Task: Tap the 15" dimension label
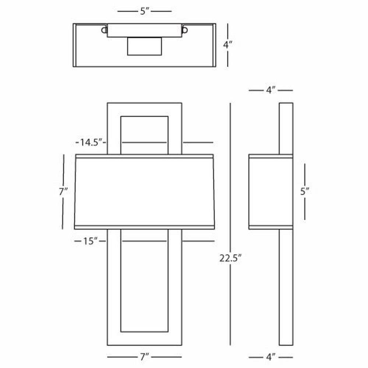click(x=90, y=241)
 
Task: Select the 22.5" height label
click(x=230, y=258)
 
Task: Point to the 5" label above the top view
click(x=145, y=11)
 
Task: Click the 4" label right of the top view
click(x=227, y=45)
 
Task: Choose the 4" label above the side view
click(x=270, y=90)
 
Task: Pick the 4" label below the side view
click(x=270, y=357)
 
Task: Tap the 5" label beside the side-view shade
click(x=305, y=191)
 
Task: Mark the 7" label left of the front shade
click(x=63, y=191)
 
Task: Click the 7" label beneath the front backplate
click(x=144, y=357)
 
